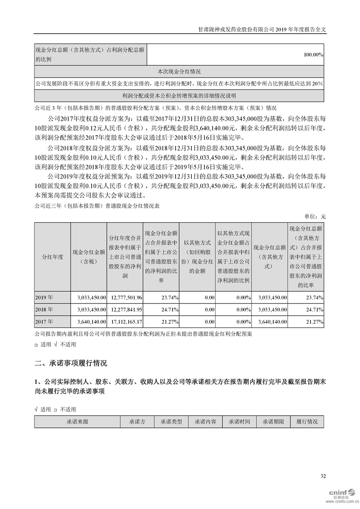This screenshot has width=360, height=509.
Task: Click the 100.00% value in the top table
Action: (x=313, y=54)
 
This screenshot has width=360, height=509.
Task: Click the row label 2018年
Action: (x=44, y=309)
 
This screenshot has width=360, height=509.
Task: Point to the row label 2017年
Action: (x=44, y=321)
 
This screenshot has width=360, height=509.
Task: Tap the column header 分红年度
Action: (x=52, y=257)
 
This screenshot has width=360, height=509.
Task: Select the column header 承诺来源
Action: (x=77, y=421)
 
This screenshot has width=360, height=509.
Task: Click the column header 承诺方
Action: (x=137, y=421)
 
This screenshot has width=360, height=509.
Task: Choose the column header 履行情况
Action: (x=307, y=421)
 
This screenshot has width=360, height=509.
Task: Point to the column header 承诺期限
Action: (x=273, y=421)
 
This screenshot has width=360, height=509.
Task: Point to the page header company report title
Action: (x=263, y=28)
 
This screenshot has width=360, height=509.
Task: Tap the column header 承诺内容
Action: (x=206, y=421)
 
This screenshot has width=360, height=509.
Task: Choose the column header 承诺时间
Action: (x=239, y=421)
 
